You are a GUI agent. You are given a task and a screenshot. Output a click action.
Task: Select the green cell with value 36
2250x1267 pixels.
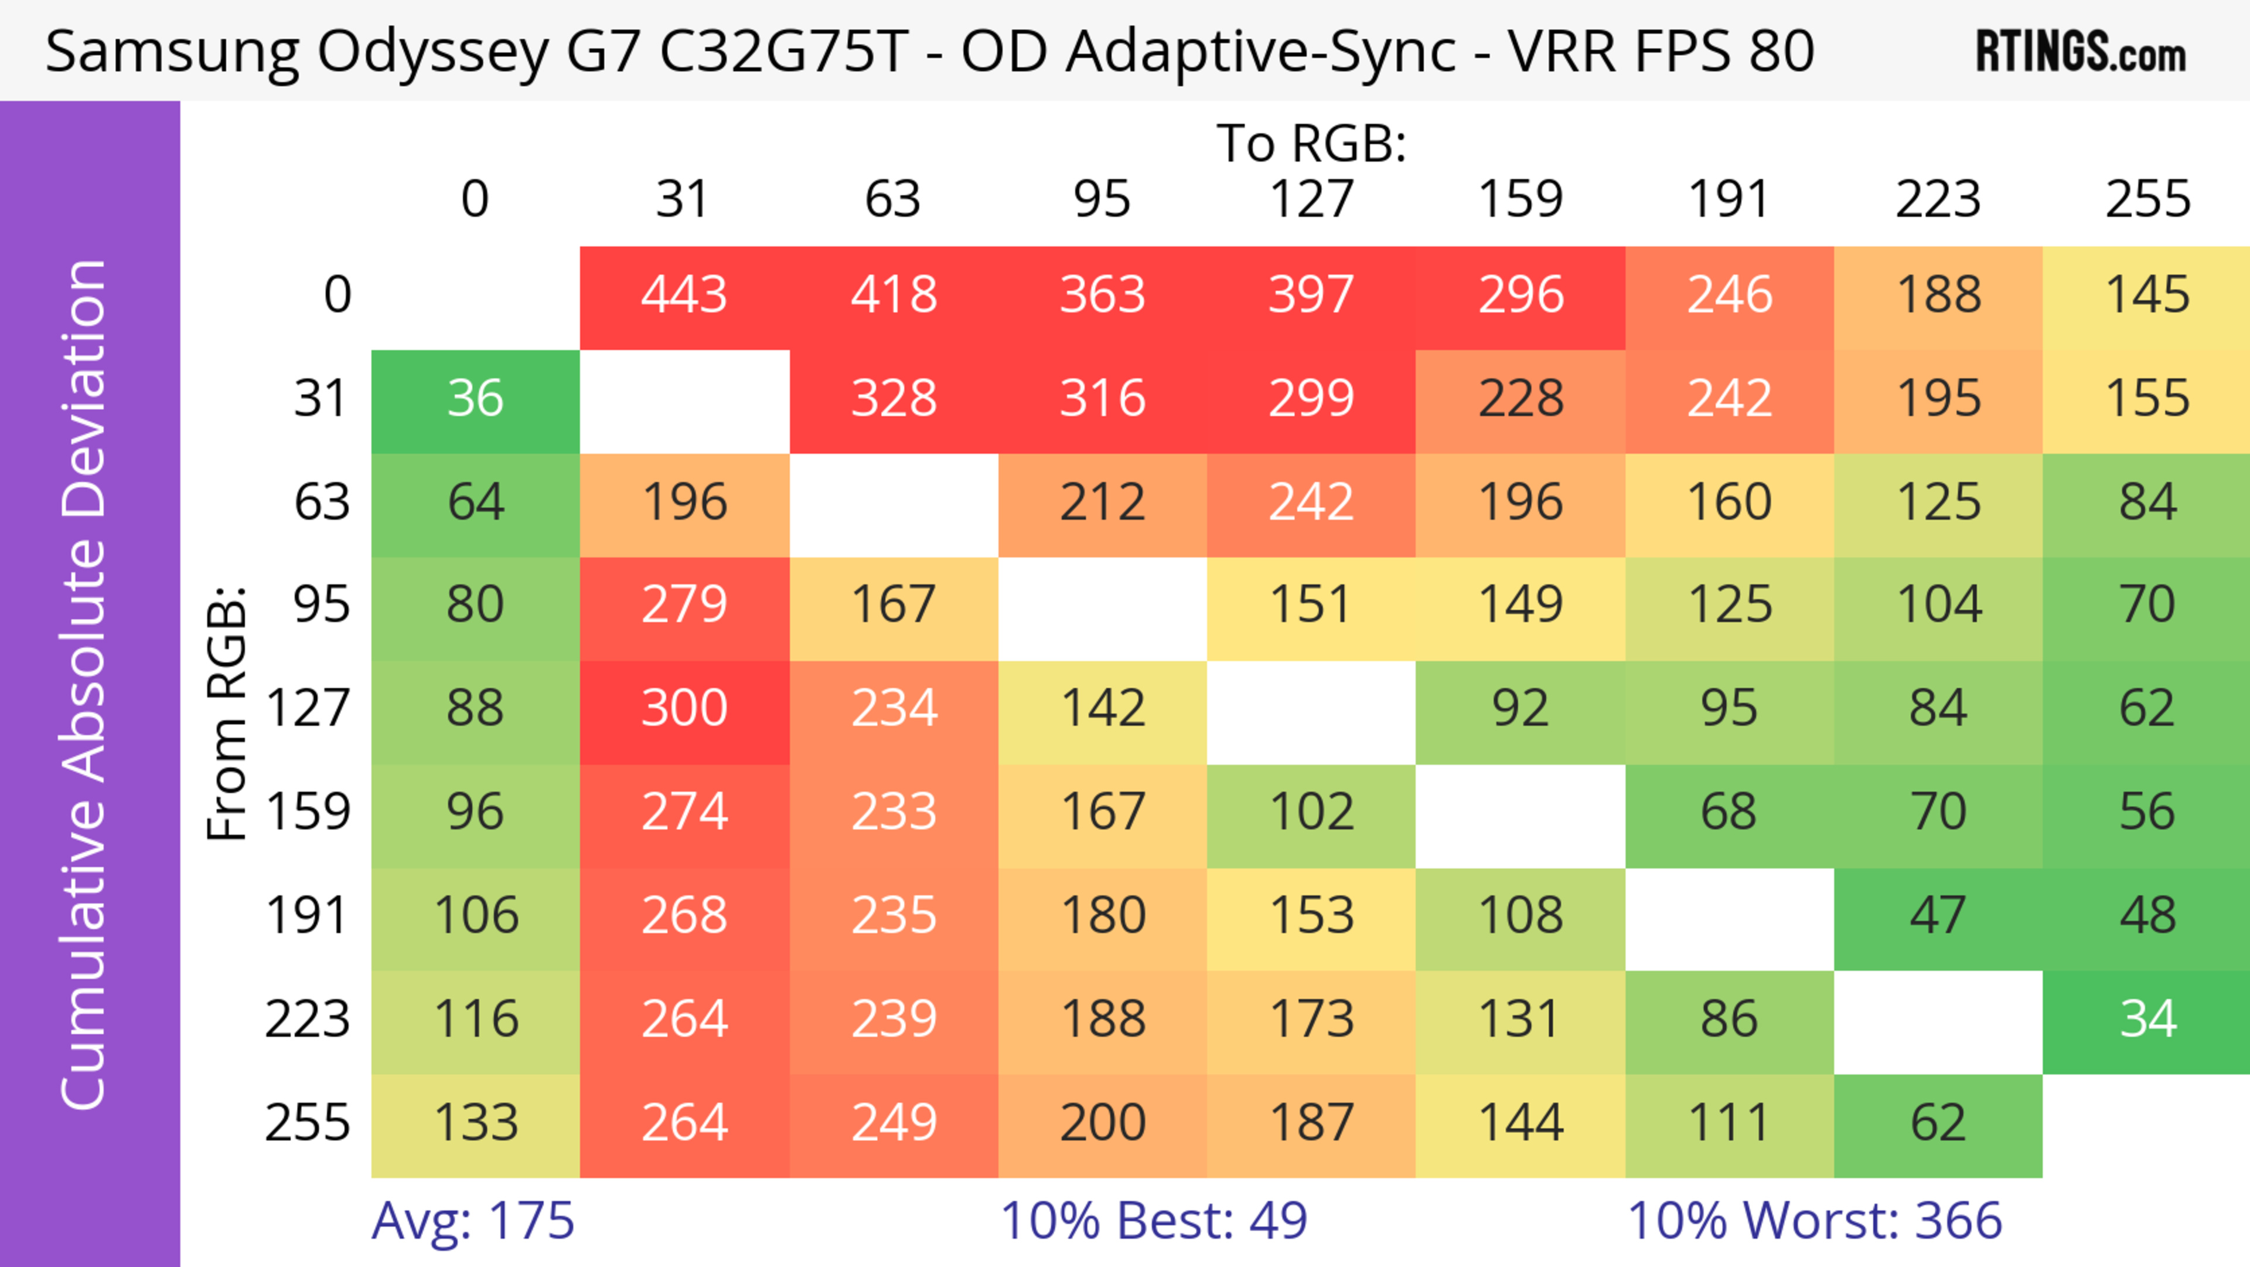(475, 399)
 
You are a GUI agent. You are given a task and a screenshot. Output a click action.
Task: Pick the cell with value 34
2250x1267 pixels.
(2147, 1019)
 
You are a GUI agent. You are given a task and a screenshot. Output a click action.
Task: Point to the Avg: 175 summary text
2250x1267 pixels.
(472, 1220)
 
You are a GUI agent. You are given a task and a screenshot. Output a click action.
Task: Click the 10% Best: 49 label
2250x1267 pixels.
(1153, 1220)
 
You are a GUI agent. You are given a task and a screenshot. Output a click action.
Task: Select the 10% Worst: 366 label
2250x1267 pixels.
(1814, 1220)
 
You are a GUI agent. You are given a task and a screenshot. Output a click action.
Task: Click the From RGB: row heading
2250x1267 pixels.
(227, 713)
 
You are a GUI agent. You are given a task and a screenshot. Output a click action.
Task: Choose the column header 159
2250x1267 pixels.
(1520, 199)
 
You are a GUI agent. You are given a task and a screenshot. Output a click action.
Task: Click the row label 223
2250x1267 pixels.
(308, 1019)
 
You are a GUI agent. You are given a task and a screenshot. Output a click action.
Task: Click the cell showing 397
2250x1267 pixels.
(1311, 294)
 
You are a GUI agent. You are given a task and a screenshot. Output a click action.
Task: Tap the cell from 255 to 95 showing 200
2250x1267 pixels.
(1102, 1122)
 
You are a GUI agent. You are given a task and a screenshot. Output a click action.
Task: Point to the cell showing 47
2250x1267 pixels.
(1937, 916)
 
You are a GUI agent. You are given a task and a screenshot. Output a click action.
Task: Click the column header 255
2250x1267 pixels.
(2147, 199)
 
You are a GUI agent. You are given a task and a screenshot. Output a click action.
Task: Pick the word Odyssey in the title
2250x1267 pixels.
(432, 52)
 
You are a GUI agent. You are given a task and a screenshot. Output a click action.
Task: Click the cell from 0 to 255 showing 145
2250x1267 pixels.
(2147, 294)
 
